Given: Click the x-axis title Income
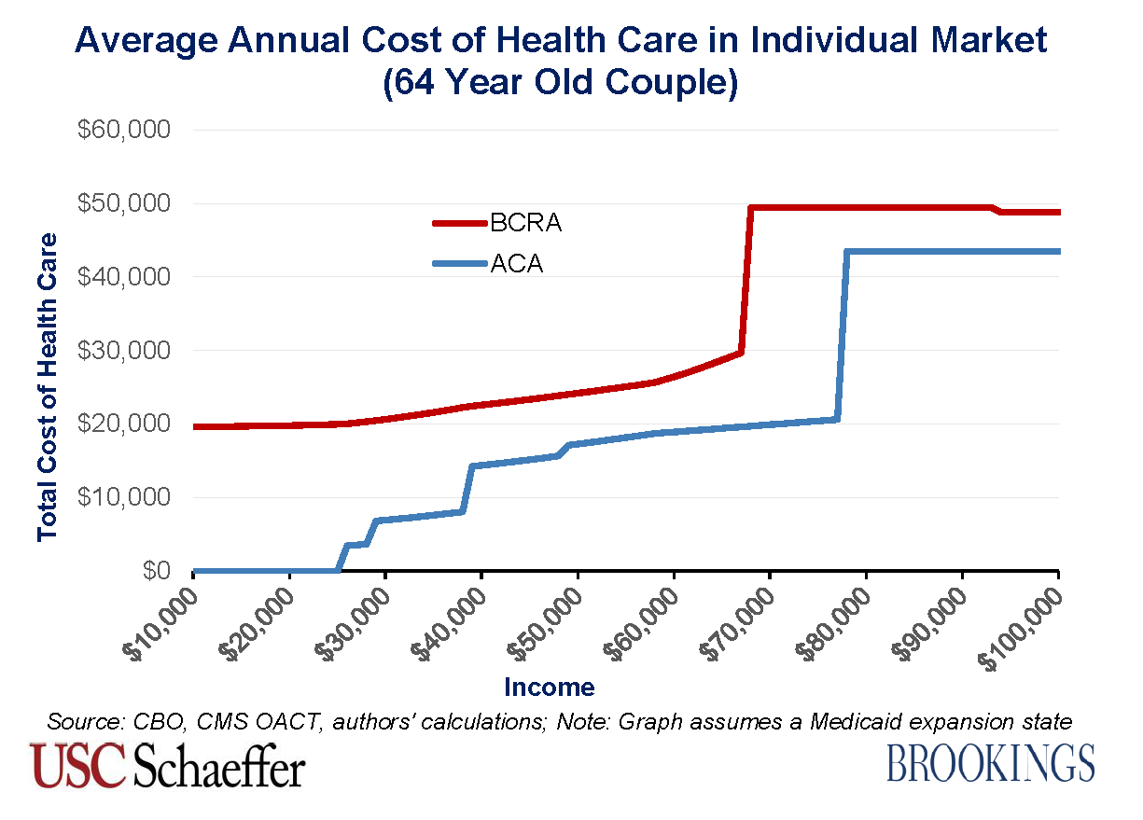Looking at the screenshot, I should click(549, 688).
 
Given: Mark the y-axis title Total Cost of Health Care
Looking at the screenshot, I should click(48, 387).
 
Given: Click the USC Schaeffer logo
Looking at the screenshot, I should click(168, 764).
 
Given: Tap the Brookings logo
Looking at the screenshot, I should click(990, 763).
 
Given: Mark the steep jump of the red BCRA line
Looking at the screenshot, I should click(746, 280).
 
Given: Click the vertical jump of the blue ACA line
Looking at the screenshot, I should click(842, 336).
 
